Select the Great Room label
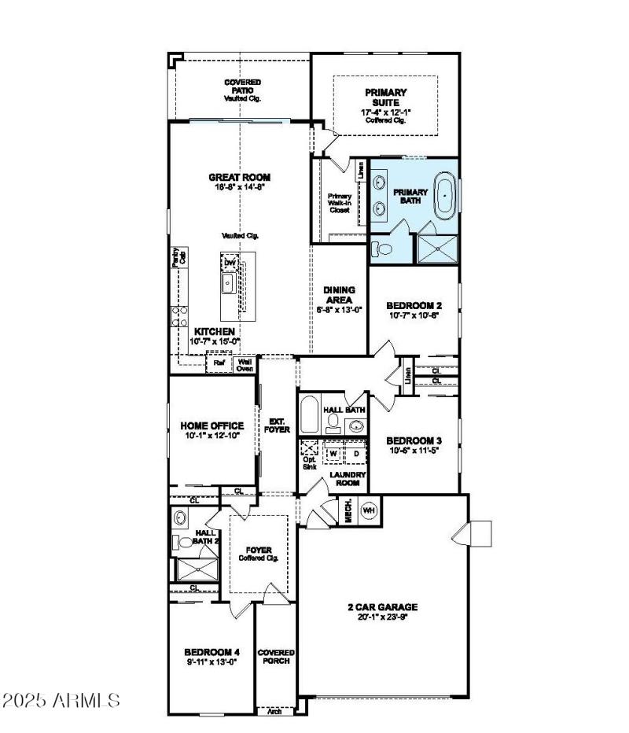coord(234,178)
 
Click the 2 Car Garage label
coord(382,606)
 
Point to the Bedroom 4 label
coord(211,652)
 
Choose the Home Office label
coord(212,425)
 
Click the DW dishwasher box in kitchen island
coord(230,263)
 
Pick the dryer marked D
coord(355,454)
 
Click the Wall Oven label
coord(245,364)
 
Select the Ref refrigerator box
coord(217,364)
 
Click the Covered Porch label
coord(276,657)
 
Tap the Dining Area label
coord(340,294)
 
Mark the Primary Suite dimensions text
coord(385,113)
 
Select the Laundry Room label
coord(344,479)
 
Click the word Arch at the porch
coord(274,711)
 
